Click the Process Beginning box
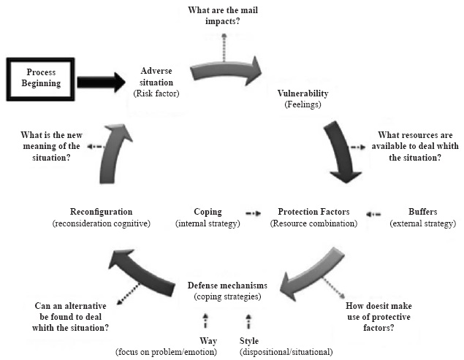pos(41,78)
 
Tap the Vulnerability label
pos(303,94)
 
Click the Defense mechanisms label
pos(227,286)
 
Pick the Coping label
pos(208,212)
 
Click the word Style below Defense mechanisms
pos(249,341)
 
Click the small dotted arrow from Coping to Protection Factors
pos(253,213)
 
